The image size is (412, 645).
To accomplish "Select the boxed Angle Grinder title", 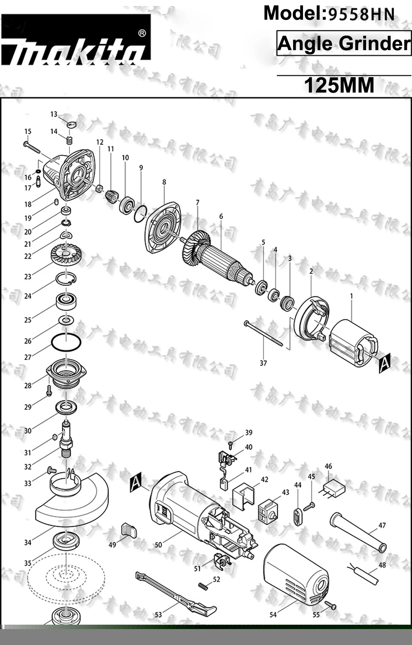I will [344, 43].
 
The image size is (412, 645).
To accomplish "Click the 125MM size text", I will [339, 85].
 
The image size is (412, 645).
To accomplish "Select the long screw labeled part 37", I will [264, 333].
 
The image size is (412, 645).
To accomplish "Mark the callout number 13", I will [54, 114].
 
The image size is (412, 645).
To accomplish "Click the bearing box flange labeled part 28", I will [67, 373].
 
